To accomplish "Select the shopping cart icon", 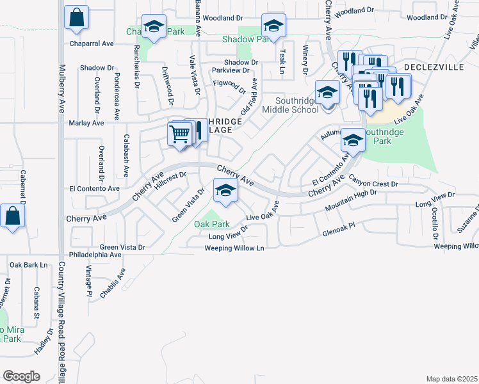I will point(181,134).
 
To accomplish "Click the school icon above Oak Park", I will point(225,190).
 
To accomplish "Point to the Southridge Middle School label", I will point(296,105).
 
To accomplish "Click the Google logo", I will point(21,376).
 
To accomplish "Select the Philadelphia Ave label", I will point(97,255).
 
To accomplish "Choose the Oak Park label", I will point(212,225).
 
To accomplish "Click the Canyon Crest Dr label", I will point(373,184).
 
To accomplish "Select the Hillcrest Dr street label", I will point(170,179).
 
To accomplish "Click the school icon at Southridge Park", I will point(352,140).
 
